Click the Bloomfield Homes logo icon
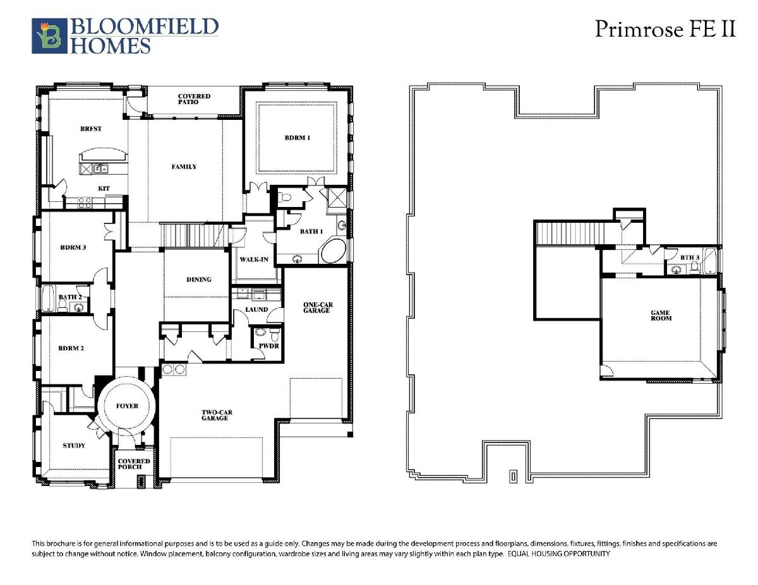pos(49,36)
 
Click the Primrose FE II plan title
pos(665,29)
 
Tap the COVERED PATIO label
pos(194,99)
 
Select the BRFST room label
pos(91,129)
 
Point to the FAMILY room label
pos(184,167)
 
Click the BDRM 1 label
pos(298,138)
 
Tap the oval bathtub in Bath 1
pos(333,251)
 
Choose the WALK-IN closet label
pos(254,259)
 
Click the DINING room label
pos(199,280)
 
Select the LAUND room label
pos(256,309)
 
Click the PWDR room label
pos(268,346)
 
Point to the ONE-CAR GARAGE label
pos(318,307)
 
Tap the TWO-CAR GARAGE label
pos(217,415)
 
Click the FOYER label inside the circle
pos(127,406)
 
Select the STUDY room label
pos(74,446)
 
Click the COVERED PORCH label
pos(134,464)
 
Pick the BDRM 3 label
pos(73,247)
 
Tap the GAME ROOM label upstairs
pos(661,316)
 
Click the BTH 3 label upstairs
pos(690,257)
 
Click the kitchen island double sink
pos(100,169)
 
